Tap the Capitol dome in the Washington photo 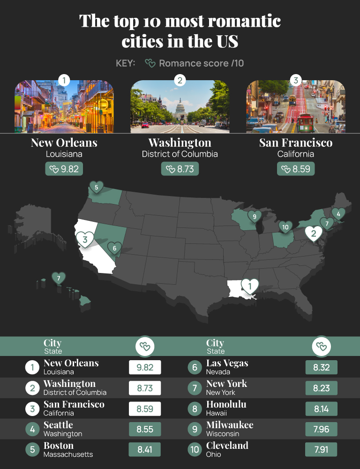coord(180,109)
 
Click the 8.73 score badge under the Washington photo coord(180,169)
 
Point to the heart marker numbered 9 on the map coord(254,217)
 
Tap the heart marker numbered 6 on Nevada coord(114,248)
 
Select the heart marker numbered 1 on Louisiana coord(249,285)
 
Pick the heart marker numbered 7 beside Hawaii coord(58,278)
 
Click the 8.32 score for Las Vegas coord(321,368)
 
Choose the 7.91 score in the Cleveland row coord(321,450)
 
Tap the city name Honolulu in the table coord(226,404)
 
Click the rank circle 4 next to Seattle coord(32,429)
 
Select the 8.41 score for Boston coord(145,450)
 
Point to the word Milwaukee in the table coord(230,425)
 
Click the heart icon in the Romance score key coord(150,63)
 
